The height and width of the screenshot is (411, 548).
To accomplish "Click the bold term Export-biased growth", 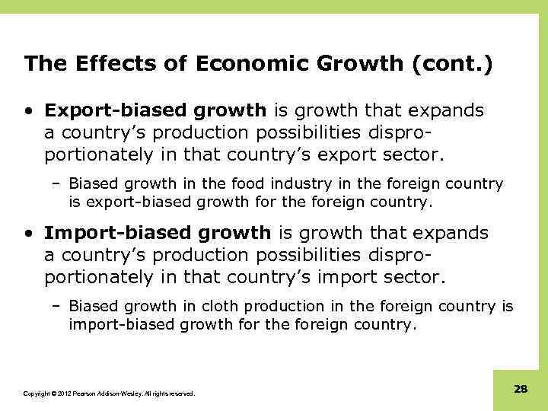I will point(155,110).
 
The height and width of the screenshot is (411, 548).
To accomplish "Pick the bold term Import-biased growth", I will point(157,232).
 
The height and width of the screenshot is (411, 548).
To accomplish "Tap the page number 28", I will point(521,389).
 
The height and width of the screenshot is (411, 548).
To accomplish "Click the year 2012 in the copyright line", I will point(58,393).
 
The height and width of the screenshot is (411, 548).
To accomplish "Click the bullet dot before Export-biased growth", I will point(28,111).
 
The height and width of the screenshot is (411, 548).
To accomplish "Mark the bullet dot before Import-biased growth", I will point(28,233).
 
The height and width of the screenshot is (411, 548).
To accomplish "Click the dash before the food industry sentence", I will point(59,184).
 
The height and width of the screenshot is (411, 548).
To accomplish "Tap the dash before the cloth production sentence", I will point(59,306).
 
